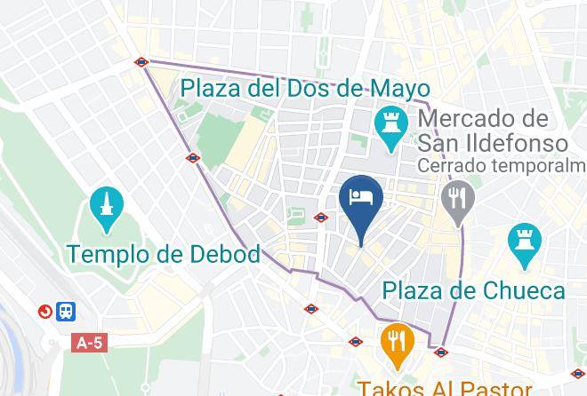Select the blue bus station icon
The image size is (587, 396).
coord(66,312)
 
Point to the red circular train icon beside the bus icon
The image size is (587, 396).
coord(44,312)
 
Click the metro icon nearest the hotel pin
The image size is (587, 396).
coord(321,217)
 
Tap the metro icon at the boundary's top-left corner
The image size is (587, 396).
coord(141,62)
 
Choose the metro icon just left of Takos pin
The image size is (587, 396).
coord(356,340)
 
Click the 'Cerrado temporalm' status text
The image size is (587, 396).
coord(503,166)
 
